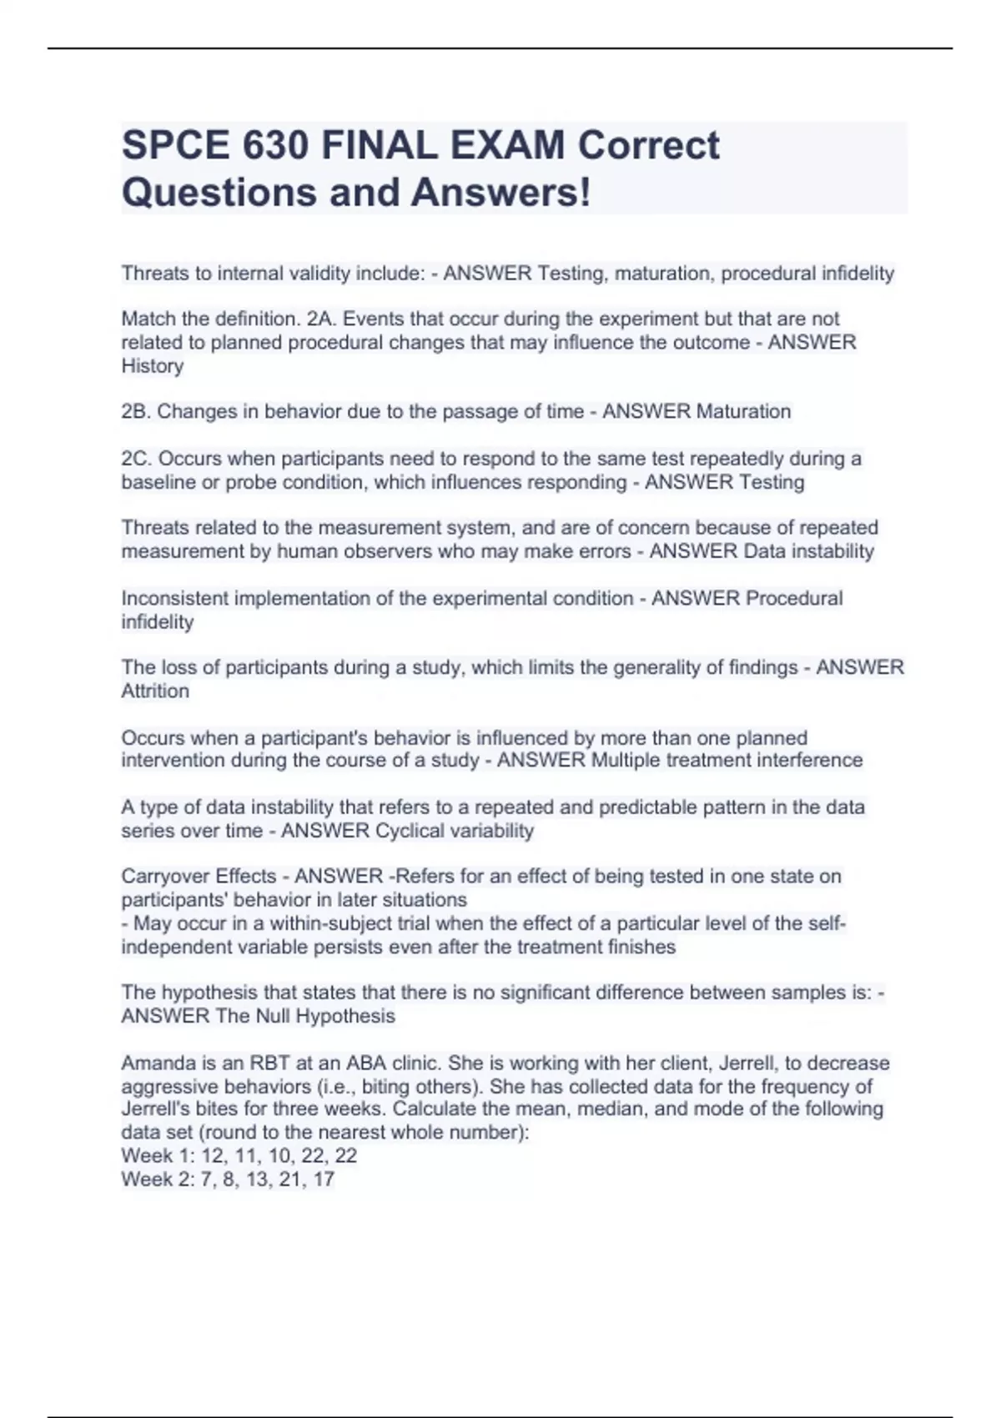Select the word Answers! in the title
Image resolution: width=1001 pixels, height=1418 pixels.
(x=500, y=192)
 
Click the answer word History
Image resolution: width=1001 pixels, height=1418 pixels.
(x=153, y=366)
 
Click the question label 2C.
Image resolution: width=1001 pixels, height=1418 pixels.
(x=137, y=459)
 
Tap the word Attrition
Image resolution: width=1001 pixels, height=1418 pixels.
(x=155, y=691)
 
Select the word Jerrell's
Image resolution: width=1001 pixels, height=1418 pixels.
(x=157, y=1109)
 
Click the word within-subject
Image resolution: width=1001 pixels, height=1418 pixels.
(x=312, y=924)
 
